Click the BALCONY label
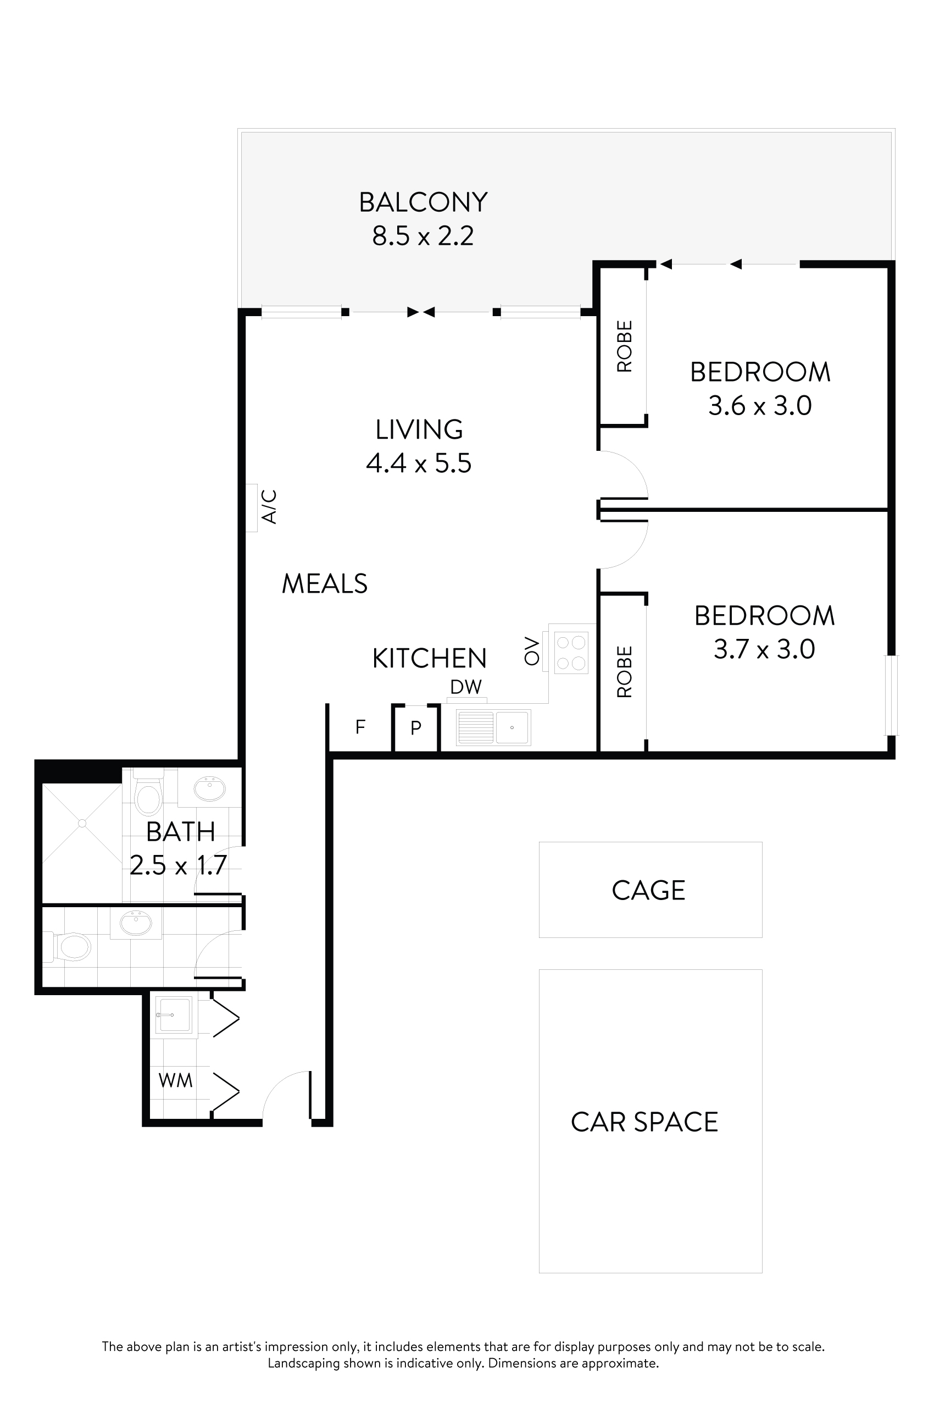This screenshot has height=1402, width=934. click(423, 203)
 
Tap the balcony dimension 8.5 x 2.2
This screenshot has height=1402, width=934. click(423, 236)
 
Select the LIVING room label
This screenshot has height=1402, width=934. click(419, 430)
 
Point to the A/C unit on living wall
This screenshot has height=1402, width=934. click(252, 507)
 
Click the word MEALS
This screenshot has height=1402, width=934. click(324, 583)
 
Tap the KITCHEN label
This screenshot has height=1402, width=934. click(429, 659)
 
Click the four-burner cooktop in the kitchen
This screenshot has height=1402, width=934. click(571, 653)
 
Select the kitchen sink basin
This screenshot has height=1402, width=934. click(512, 727)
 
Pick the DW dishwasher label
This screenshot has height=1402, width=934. click(466, 687)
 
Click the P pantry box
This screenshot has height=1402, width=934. click(416, 727)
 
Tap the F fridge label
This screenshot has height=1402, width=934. click(360, 727)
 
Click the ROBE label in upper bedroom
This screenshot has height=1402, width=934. click(624, 346)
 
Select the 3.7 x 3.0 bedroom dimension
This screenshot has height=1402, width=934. click(764, 649)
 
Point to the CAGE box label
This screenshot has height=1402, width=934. click(648, 891)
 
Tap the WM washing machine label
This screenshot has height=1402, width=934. click(175, 1080)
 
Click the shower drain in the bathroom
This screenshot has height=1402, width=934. click(82, 823)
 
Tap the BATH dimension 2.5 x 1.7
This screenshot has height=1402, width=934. click(178, 865)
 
